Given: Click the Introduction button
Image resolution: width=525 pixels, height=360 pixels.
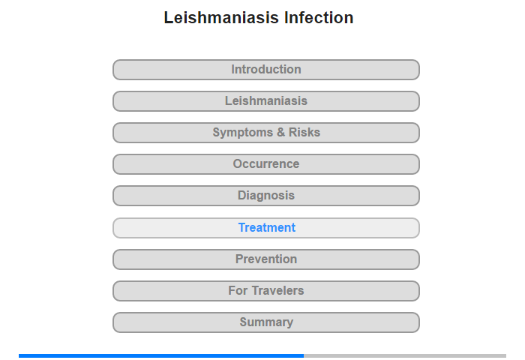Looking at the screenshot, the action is [266, 70].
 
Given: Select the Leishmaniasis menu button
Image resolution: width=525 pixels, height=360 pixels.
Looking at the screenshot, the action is [266, 101].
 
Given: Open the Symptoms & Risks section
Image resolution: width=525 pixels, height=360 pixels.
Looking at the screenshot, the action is [266, 133].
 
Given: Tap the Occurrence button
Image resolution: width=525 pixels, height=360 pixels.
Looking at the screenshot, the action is [266, 164].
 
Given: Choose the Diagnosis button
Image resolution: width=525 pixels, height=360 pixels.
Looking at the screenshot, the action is [266, 196].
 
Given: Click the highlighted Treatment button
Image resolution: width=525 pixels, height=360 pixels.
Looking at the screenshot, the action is [266, 228].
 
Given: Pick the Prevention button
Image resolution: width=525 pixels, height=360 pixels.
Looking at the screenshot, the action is [266, 259].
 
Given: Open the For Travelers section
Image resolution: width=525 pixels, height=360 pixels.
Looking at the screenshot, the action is [266, 291].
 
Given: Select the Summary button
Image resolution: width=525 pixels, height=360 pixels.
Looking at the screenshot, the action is [266, 322].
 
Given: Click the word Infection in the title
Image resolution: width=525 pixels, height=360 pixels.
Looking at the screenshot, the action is [319, 17].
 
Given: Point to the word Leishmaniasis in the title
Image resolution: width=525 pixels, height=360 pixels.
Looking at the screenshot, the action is [221, 17].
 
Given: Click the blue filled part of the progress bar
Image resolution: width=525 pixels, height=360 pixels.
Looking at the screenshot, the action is [161, 355].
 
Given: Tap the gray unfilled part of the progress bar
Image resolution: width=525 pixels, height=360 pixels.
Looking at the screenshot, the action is [405, 355].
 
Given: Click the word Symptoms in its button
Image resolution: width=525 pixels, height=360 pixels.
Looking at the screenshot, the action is [243, 133].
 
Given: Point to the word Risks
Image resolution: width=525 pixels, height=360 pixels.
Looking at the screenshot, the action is [304, 132].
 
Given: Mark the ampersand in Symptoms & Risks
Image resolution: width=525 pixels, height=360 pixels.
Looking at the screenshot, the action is [280, 132].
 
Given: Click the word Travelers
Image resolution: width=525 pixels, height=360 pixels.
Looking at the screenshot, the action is [278, 290].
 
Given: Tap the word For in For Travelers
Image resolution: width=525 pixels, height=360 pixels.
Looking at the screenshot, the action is [238, 290].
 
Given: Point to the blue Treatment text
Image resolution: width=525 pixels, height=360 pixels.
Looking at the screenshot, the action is [267, 228].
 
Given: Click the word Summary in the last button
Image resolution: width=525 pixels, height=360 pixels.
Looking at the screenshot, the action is [266, 322].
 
